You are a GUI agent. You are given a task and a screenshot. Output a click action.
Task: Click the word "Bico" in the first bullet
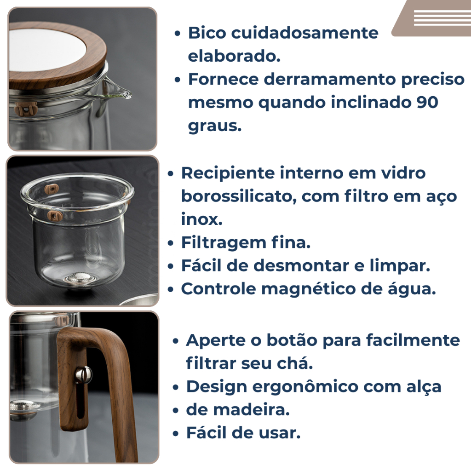click(x=207, y=33)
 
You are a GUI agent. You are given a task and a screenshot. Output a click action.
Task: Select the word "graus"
click(x=214, y=126)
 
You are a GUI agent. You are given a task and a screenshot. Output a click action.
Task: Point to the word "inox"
click(x=201, y=219)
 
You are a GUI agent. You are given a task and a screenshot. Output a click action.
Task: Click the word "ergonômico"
click(x=305, y=387)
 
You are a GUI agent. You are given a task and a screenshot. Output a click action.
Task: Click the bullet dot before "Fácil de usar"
click(x=176, y=433)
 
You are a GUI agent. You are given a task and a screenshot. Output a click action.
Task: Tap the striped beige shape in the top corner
click(x=432, y=18)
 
